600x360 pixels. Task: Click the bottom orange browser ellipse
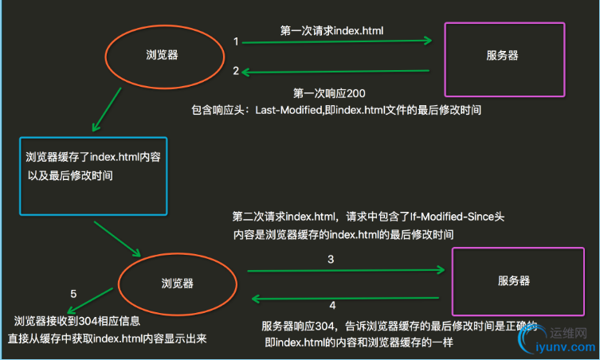click(178, 282)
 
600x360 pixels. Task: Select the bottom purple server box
click(512, 281)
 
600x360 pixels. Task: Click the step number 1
click(236, 41)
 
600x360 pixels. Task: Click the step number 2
click(236, 71)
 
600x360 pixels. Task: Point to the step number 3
click(330, 260)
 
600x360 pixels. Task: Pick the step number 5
click(73, 295)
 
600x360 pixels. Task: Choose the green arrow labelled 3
click(346, 271)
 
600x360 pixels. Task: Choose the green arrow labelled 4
click(346, 299)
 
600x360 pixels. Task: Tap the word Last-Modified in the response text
click(287, 109)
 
